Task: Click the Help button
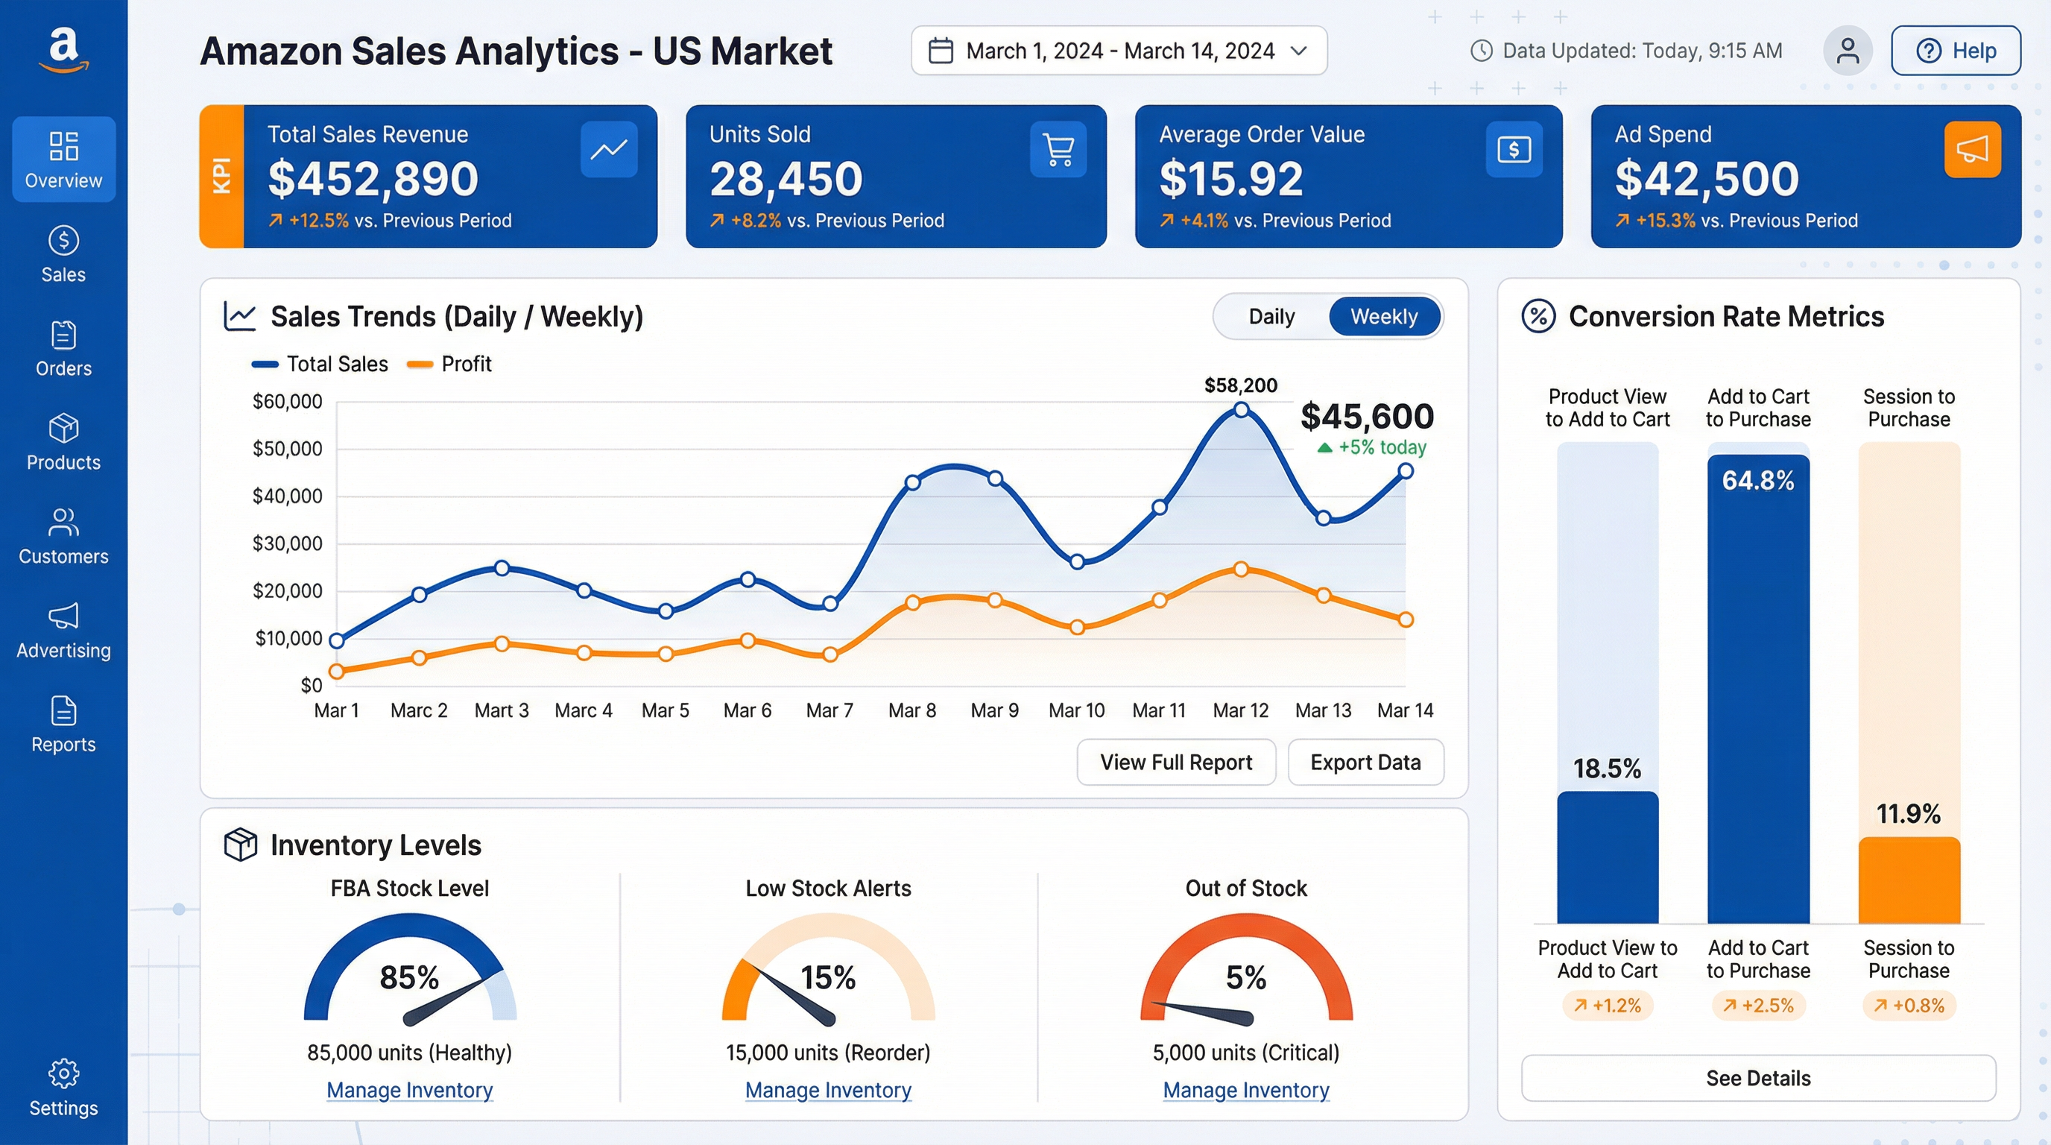pos(1956,51)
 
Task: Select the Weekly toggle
pos(1384,317)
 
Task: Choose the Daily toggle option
pos(1271,317)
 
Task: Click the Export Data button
pos(1365,762)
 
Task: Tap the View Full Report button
pos(1176,762)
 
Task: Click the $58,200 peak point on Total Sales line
pos(1240,410)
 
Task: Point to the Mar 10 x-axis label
pos(1076,710)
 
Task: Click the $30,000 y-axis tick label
pos(287,544)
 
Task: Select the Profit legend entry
pos(450,364)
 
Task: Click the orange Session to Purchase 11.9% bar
pos(1909,880)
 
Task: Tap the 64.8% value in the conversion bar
pos(1758,481)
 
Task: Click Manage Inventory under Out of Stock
pos(1246,1090)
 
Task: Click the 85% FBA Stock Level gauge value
pos(409,977)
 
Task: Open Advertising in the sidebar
pos(63,631)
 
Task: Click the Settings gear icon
pos(63,1073)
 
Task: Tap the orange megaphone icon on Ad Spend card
pos(1971,149)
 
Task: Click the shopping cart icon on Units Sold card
pos(1058,149)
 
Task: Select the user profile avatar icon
pos(1848,51)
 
